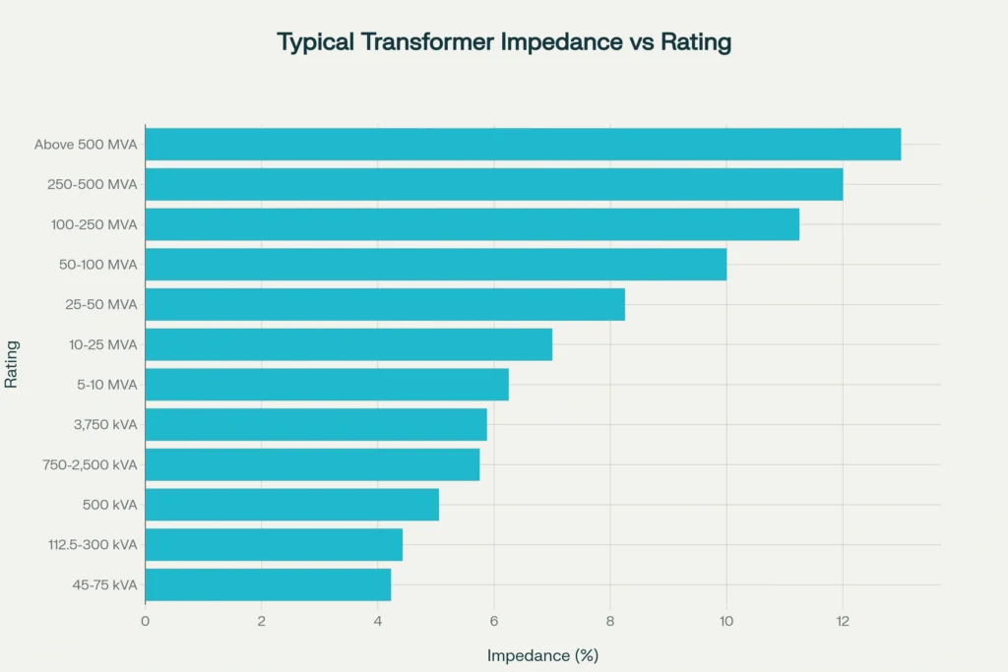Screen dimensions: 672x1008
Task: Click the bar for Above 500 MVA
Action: click(522, 145)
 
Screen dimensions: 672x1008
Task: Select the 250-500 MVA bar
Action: click(493, 185)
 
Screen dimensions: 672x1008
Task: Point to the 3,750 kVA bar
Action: click(315, 425)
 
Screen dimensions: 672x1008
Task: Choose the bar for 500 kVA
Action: click(291, 505)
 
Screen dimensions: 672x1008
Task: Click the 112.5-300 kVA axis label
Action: click(94, 545)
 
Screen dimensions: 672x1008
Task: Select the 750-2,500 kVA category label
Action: click(91, 465)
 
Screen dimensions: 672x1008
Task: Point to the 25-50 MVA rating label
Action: click(101, 305)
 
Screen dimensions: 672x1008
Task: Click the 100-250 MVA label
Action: click(94, 224)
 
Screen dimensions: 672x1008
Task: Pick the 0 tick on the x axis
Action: click(145, 621)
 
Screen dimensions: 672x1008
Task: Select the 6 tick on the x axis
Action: click(493, 621)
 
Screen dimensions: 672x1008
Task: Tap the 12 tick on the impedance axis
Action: click(842, 621)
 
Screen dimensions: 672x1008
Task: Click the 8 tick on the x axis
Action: click(609, 621)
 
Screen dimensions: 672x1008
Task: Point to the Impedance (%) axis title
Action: click(542, 655)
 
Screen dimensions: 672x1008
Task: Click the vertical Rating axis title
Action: click(12, 364)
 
